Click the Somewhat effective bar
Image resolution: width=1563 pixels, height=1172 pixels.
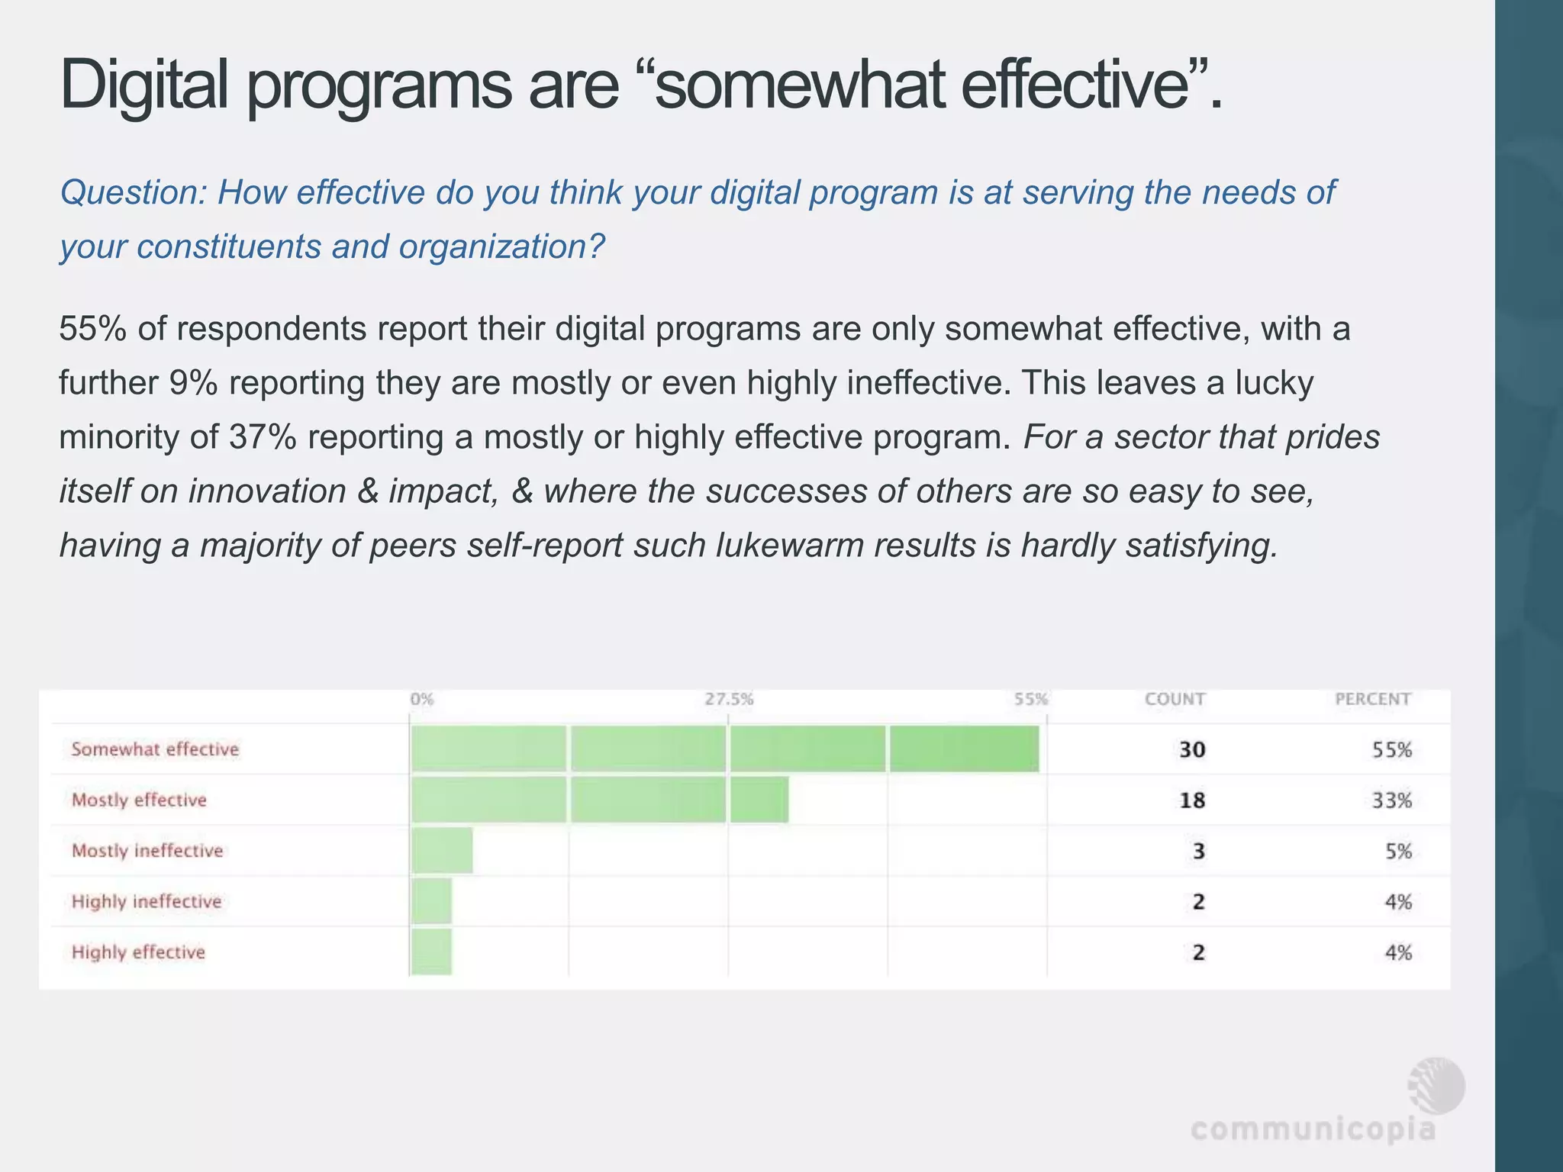(724, 749)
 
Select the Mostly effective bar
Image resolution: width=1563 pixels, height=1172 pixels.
(599, 800)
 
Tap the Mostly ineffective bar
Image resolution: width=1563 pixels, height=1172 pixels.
(441, 851)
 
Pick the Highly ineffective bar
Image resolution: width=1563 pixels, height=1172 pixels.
(431, 901)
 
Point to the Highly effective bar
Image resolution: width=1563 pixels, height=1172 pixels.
(431, 952)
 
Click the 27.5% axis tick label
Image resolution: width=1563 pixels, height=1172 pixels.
(729, 699)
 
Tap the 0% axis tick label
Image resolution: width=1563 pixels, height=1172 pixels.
(421, 699)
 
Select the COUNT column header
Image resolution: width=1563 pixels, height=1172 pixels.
(1175, 699)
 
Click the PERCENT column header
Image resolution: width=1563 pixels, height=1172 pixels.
(1372, 699)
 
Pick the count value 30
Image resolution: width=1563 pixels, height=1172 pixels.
(1192, 749)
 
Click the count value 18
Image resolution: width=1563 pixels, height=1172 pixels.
(1192, 800)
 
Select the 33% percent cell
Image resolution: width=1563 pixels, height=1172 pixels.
(1392, 800)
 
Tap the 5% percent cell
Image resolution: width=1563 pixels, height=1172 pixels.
(1398, 851)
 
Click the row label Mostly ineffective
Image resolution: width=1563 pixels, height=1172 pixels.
(147, 851)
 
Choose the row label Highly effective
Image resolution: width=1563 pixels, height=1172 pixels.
(138, 952)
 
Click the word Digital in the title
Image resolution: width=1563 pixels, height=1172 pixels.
(143, 85)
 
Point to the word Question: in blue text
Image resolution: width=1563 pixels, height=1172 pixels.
(133, 192)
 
